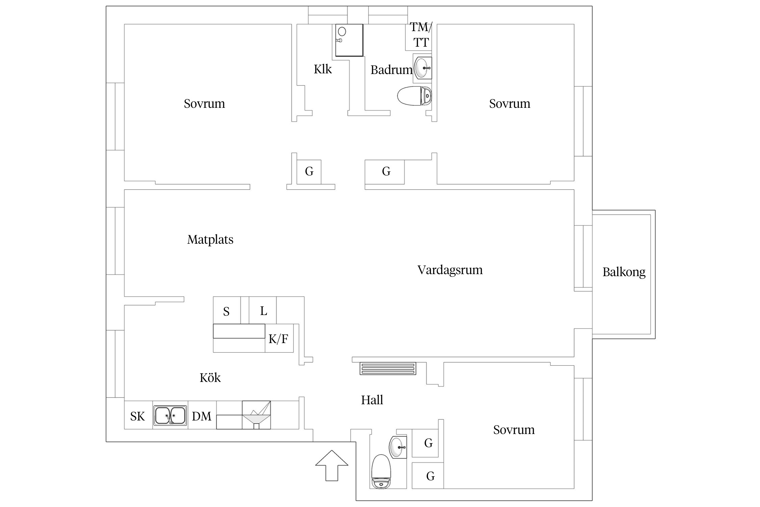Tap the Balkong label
[x=624, y=272]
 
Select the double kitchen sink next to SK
[x=170, y=415]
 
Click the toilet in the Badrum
[x=414, y=96]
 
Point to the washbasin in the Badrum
[x=422, y=68]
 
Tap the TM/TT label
[x=421, y=34]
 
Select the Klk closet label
[x=323, y=69]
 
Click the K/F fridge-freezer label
[x=278, y=339]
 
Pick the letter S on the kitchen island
[x=226, y=311]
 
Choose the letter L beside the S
[x=263, y=311]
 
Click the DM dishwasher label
[x=202, y=416]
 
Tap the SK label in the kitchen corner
[x=137, y=416]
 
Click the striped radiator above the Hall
[x=387, y=369]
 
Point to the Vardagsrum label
[x=450, y=270]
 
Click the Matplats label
[x=210, y=240]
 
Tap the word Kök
[x=210, y=378]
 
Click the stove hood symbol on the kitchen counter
[x=256, y=415]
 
